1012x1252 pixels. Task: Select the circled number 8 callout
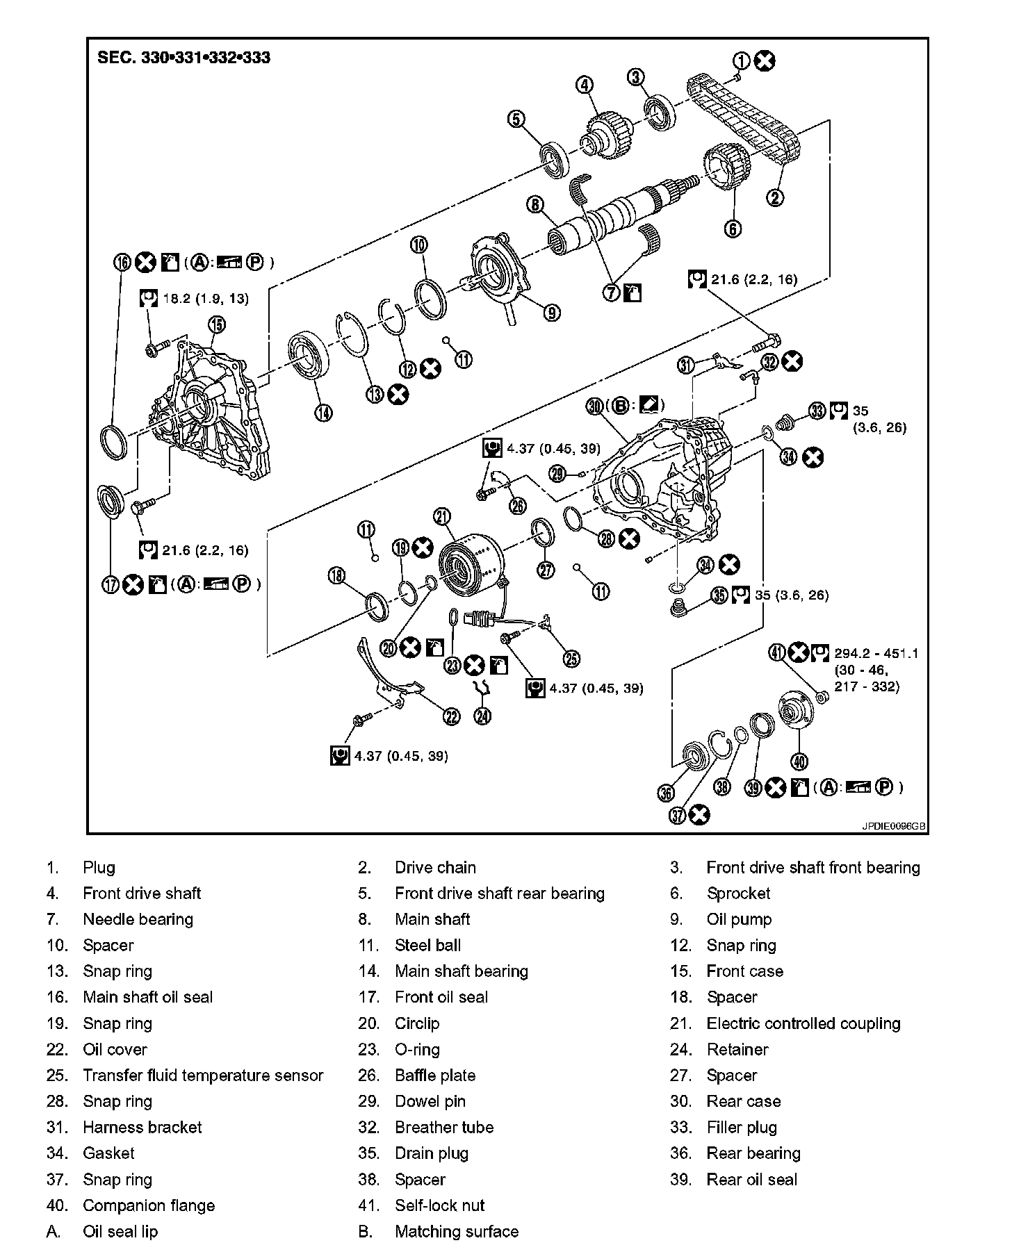point(534,204)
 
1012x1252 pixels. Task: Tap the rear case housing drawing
point(660,479)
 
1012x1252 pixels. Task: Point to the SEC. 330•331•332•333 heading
point(184,58)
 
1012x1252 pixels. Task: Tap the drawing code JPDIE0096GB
point(894,827)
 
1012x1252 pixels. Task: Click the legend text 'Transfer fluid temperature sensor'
point(203,1076)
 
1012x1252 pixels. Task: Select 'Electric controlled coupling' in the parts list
point(803,1023)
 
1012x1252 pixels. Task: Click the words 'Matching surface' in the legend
point(457,1232)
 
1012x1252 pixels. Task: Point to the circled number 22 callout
point(451,716)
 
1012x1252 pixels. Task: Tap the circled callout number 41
point(777,653)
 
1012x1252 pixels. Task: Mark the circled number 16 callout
point(122,262)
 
